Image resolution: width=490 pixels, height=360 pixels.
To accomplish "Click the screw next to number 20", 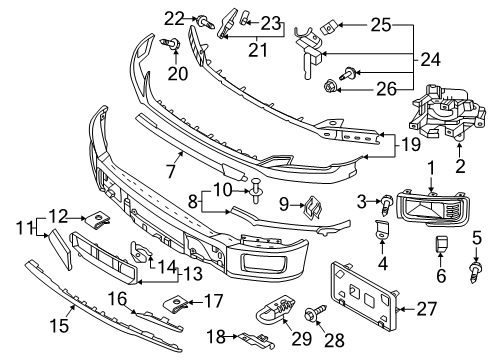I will tap(176, 42).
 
